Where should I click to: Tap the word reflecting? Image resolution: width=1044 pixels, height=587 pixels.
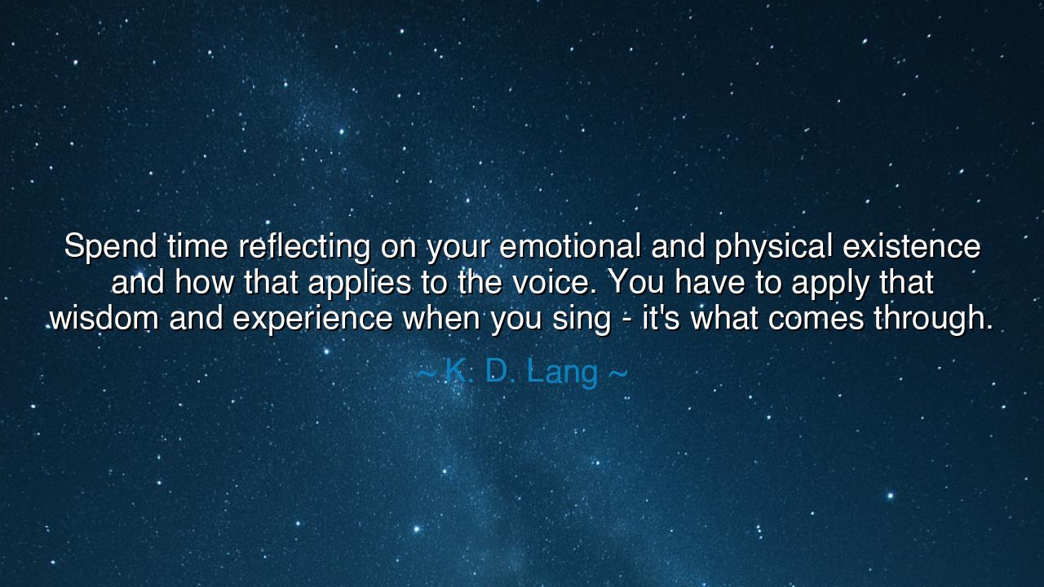pyautogui.click(x=305, y=246)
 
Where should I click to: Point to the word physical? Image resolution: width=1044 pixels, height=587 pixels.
pyautogui.click(x=773, y=246)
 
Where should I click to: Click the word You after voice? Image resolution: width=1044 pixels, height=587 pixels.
pyautogui.click(x=636, y=283)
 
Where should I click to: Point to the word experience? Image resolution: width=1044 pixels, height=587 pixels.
pyautogui.click(x=312, y=319)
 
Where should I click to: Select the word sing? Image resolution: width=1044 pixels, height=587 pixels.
pyautogui.click(x=580, y=319)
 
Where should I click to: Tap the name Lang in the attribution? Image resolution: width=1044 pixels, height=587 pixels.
pyautogui.click(x=562, y=373)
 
